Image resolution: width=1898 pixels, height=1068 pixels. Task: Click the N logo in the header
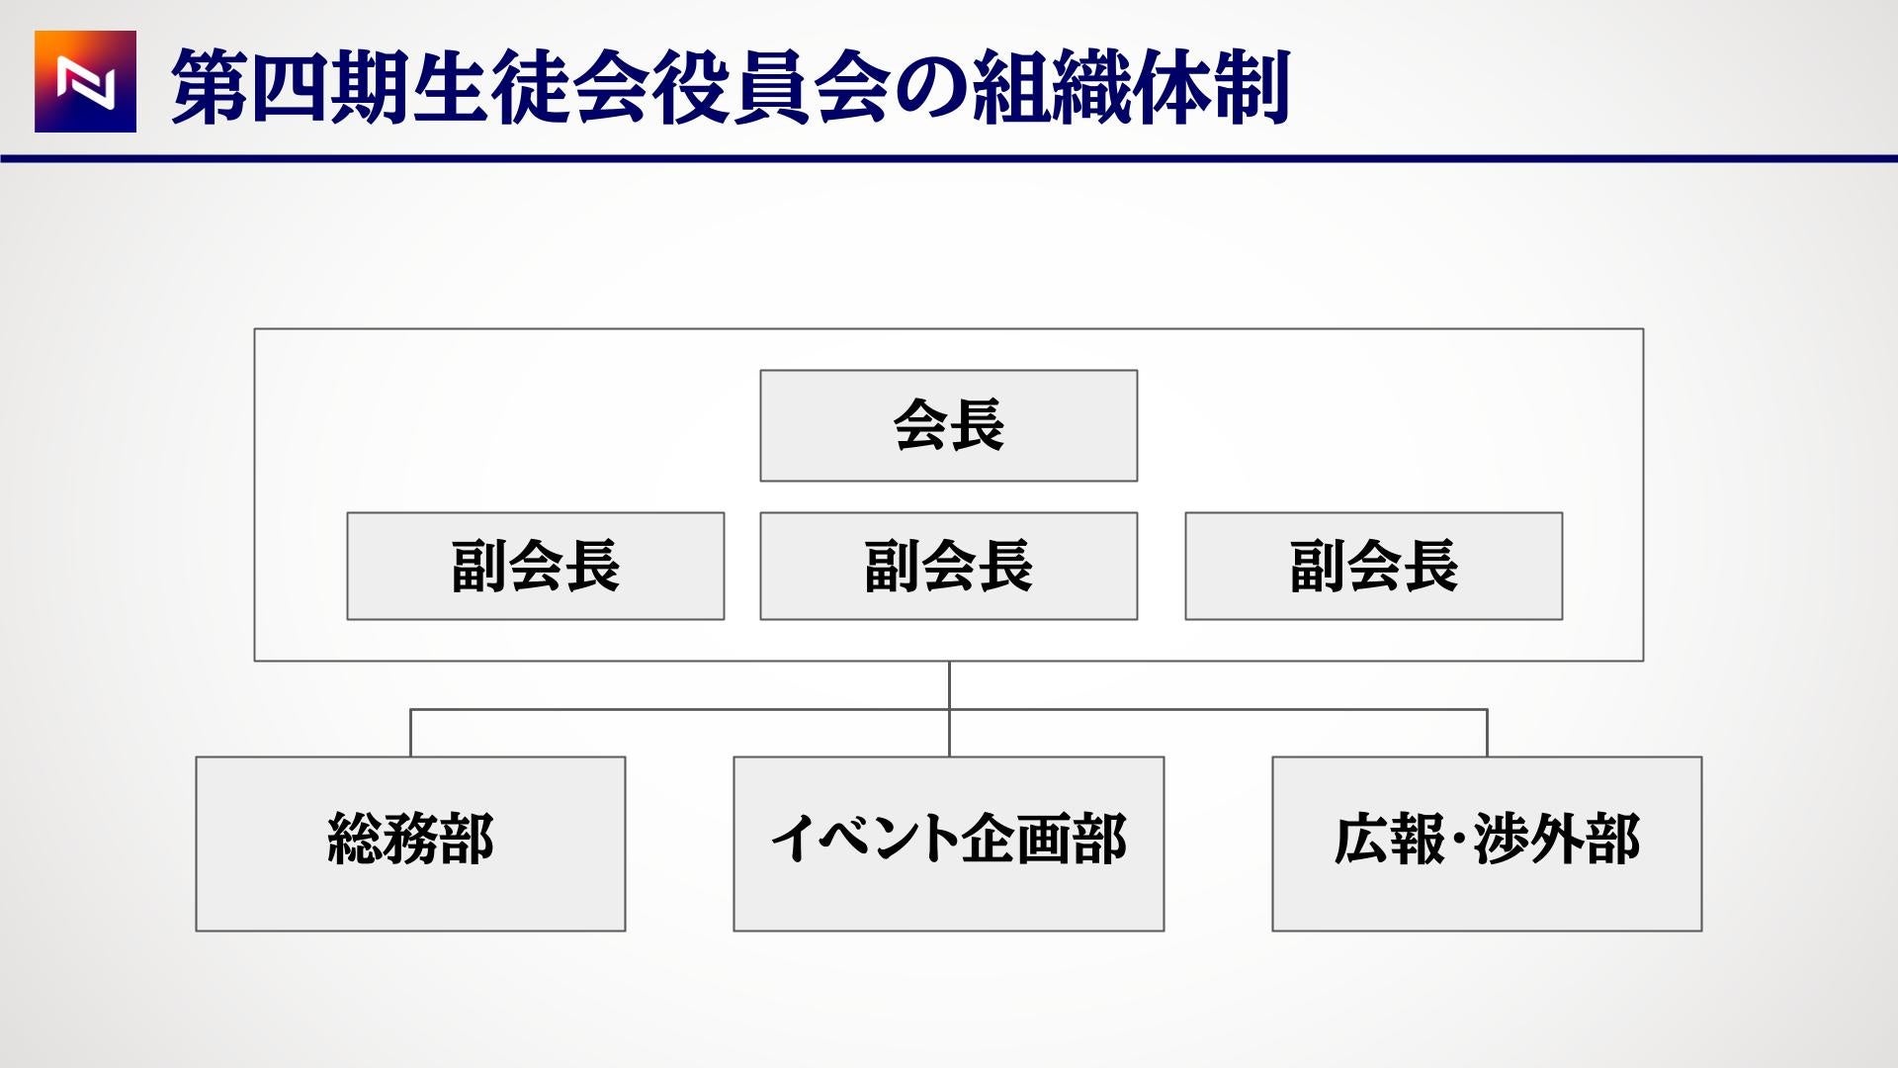coord(85,81)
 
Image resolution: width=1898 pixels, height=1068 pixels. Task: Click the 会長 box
coord(949,426)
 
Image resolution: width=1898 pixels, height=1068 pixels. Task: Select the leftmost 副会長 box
coord(536,567)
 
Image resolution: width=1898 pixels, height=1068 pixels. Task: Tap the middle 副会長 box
coord(949,567)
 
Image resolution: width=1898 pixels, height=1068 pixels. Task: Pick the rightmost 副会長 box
coord(1374,567)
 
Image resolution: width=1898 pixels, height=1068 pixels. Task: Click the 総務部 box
coord(410,844)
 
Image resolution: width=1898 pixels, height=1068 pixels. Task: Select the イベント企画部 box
coord(949,844)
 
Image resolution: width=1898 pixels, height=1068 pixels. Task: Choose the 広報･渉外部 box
coord(1487,844)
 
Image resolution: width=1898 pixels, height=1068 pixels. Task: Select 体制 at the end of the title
coord(1210,88)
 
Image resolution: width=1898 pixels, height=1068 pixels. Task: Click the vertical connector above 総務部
coord(411,733)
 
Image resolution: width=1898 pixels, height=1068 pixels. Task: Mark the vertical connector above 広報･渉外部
coord(1487,733)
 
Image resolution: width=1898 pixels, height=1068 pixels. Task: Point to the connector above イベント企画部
coord(950,709)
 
